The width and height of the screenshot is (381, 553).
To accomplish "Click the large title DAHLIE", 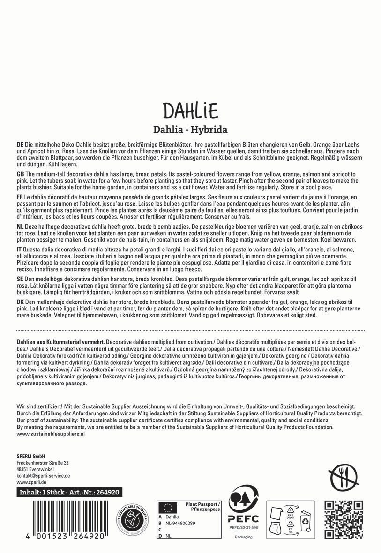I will click(190, 111).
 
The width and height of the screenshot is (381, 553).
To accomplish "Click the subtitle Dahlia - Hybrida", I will click(190, 129).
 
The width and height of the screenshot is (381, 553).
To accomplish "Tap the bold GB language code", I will click(20, 174).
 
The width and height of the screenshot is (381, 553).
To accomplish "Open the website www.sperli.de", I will click(31, 482).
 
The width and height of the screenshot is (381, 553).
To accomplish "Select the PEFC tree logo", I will click(241, 505).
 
